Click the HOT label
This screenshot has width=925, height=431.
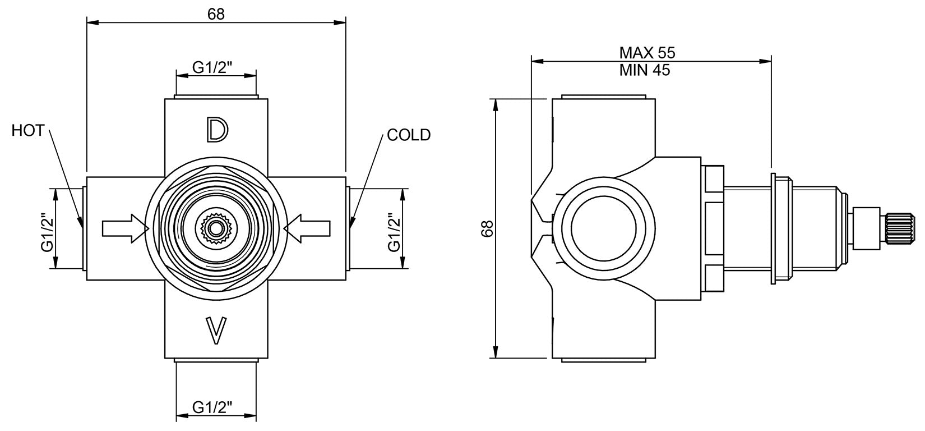27,131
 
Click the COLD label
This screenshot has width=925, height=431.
409,135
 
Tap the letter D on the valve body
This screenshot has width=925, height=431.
216,129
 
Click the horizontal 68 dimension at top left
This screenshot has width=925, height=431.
216,14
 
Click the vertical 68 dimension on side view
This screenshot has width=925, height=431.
487,228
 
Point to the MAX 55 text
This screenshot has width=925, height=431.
647,53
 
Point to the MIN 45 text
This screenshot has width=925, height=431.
645,71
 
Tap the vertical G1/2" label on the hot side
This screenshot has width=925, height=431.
47,229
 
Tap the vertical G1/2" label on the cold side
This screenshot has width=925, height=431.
394,229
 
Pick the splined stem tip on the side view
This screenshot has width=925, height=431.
901,228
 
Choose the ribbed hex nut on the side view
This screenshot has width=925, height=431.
713,228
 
